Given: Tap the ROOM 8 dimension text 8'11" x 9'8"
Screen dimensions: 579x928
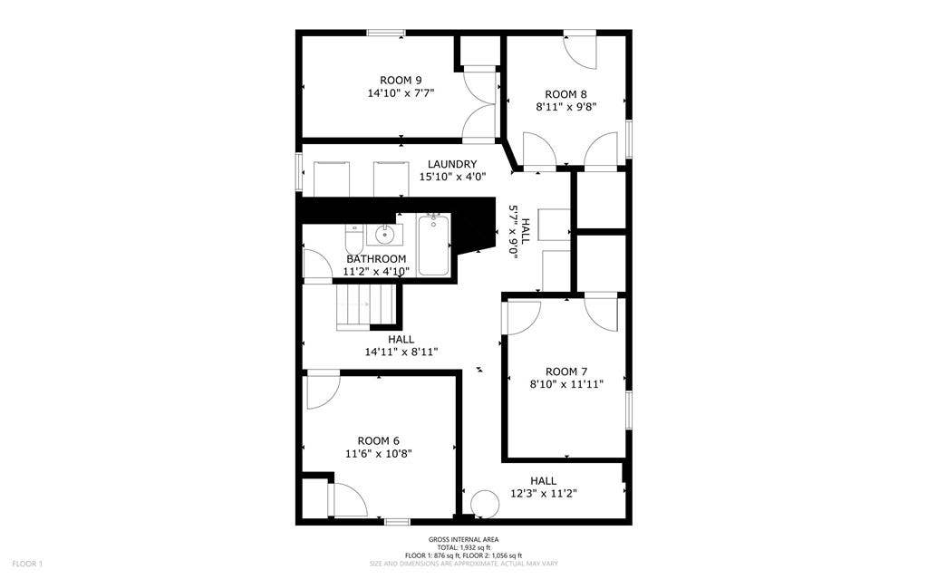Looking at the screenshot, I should (565, 106).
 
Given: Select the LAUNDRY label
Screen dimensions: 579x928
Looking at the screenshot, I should (452, 164).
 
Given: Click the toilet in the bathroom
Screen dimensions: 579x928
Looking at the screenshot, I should (353, 240).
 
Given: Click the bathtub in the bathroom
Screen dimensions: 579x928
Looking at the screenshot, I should (432, 244).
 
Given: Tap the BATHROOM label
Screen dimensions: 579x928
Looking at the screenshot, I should (376, 259).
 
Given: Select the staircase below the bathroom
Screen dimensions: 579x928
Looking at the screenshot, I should (366, 304).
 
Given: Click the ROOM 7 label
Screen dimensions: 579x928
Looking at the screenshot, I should (566, 371).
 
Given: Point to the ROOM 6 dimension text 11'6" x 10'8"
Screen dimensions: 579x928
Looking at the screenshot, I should (379, 454).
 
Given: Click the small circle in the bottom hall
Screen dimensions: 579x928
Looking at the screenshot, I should (485, 504).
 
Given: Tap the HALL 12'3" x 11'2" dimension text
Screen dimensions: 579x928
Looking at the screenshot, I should (544, 493).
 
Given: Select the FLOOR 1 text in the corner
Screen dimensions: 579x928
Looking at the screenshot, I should (27, 564).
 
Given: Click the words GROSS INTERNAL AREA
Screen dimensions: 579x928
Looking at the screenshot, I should (463, 540).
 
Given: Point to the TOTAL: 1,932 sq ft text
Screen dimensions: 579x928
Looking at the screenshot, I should (463, 547).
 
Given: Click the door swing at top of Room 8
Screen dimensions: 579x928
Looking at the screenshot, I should (580, 51).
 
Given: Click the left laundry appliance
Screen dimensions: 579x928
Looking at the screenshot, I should (332, 178).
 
